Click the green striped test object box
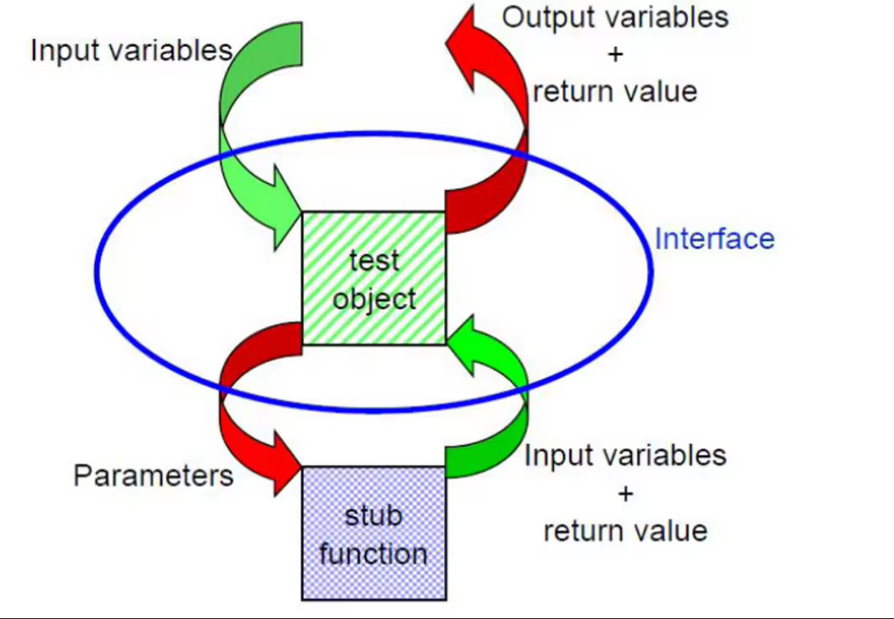(374, 278)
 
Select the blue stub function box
(374, 533)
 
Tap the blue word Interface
(714, 239)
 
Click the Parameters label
(153, 476)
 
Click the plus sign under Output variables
(615, 55)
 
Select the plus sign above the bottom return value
(625, 494)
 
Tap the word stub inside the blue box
(373, 516)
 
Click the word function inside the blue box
(374, 553)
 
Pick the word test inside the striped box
(374, 261)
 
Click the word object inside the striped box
(374, 298)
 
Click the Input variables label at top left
(131, 50)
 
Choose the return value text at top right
(615, 92)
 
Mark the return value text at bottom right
(625, 530)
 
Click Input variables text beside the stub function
(625, 456)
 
